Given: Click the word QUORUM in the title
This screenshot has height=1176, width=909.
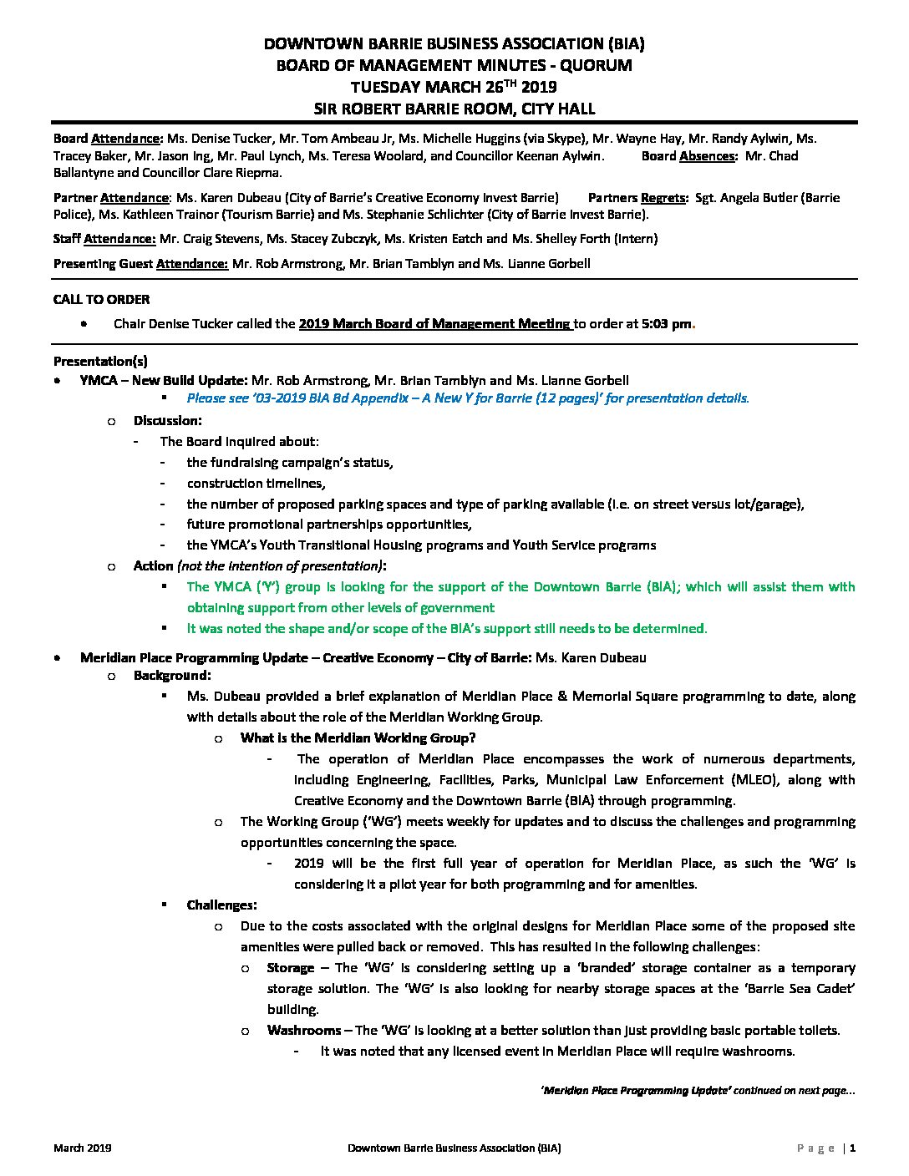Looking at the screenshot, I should (594, 65).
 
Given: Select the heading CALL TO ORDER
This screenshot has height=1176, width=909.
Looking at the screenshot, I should (101, 299).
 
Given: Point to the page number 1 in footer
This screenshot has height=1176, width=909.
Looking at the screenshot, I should (852, 1148).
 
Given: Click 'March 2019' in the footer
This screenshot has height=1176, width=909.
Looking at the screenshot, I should (83, 1148).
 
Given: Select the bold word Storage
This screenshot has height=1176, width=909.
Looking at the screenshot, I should (290, 968).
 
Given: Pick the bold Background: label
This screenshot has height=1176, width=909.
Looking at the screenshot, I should (172, 676).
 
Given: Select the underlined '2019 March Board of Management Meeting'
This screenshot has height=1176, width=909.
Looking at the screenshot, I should (434, 324).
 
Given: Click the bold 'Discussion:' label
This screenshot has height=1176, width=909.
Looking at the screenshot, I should (167, 421).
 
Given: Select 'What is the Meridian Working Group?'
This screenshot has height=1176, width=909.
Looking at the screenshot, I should (358, 738).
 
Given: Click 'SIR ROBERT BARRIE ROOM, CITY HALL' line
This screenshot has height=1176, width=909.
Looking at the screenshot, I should (454, 108).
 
